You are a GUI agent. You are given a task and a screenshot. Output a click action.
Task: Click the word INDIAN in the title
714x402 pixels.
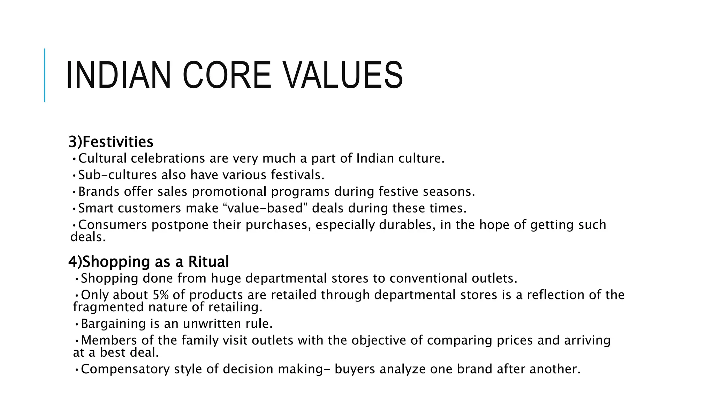click(x=118, y=75)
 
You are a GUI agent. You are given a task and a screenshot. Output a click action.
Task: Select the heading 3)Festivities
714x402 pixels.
click(x=111, y=142)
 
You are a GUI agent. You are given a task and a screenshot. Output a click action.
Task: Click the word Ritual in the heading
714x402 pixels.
click(x=208, y=262)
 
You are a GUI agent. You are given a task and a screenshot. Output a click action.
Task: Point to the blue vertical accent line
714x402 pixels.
click(x=45, y=75)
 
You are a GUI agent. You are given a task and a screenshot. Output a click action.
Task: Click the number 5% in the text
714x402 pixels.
click(x=161, y=295)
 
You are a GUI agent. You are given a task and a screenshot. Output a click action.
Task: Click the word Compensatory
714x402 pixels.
click(x=125, y=369)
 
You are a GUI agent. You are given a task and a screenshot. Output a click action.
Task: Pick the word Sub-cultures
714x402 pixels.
click(x=117, y=175)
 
